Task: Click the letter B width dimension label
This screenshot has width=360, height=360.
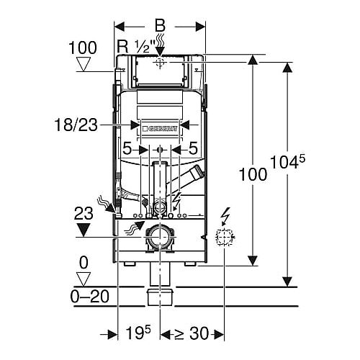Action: [x=160, y=25]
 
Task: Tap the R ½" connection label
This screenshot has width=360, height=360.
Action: [x=134, y=47]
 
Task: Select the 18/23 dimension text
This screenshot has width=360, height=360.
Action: [x=76, y=125]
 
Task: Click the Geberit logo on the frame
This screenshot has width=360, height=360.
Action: [x=160, y=129]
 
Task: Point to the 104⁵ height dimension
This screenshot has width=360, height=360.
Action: [x=287, y=161]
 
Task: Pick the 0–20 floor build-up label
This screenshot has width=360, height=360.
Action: [x=90, y=297]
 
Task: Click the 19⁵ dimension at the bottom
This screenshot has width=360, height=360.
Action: [x=138, y=333]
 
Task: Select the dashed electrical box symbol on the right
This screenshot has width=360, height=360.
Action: [x=225, y=237]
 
